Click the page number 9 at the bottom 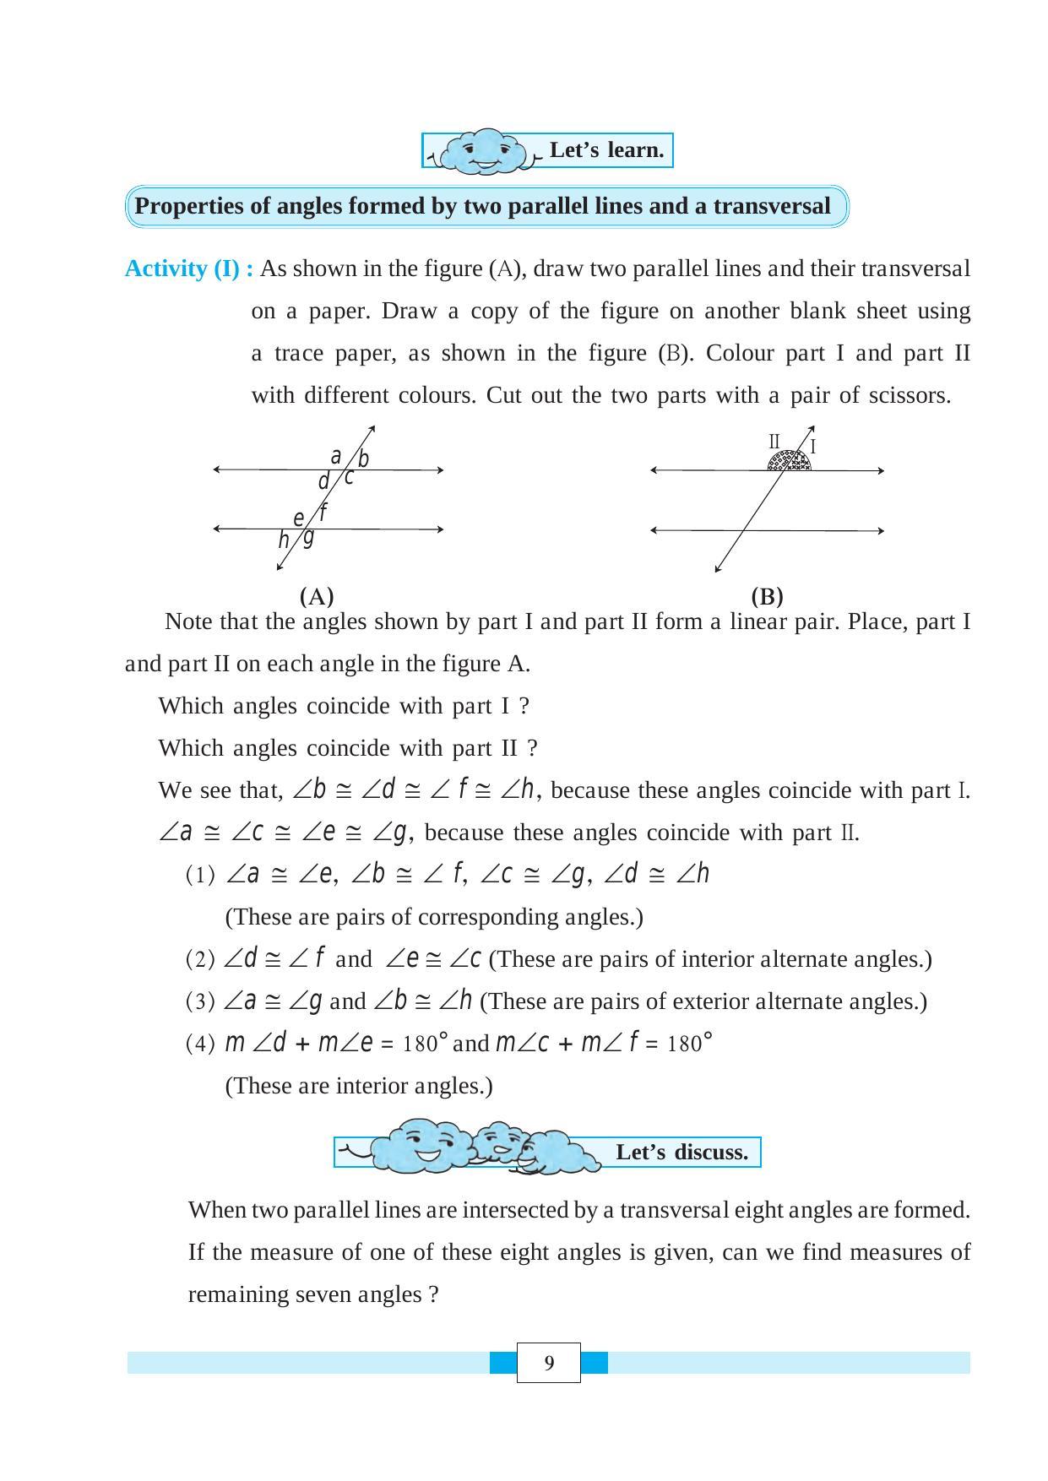[549, 1363]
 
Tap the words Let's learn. [606, 150]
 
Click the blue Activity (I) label [188, 269]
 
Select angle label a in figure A [335, 457]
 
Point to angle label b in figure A [363, 459]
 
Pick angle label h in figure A [284, 540]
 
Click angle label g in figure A [308, 537]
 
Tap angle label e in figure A [298, 518]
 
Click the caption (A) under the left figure [317, 597]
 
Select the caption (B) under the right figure [767, 597]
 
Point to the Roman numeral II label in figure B [774, 442]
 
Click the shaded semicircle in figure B [789, 461]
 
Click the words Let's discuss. [681, 1153]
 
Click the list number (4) [200, 1044]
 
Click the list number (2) [200, 959]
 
